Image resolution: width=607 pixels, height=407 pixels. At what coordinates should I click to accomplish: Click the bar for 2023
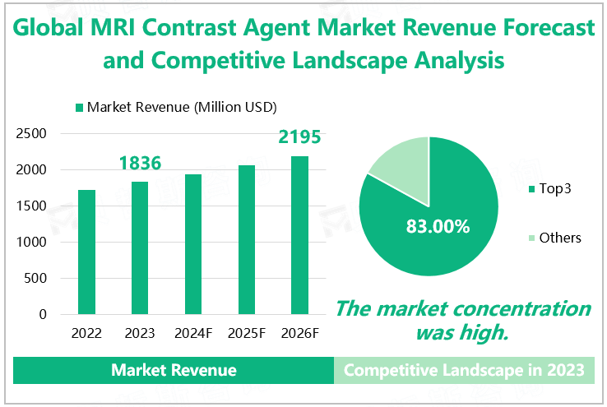point(140,247)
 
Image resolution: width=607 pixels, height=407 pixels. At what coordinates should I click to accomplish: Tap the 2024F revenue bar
point(193,244)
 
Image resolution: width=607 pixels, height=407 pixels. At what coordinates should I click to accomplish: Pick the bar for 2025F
point(247,239)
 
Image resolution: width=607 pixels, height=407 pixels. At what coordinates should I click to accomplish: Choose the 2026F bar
point(299,235)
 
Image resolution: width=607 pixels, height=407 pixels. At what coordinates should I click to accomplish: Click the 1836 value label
point(140,164)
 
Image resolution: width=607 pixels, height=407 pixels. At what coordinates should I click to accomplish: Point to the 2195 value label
point(299,136)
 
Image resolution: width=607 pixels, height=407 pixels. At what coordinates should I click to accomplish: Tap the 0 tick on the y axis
point(43,315)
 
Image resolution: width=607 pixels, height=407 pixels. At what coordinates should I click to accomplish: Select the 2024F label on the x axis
point(193,334)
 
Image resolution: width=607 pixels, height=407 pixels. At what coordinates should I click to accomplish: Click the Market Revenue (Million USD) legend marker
point(80,108)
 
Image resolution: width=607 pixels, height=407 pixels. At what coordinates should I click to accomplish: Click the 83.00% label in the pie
point(438,226)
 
